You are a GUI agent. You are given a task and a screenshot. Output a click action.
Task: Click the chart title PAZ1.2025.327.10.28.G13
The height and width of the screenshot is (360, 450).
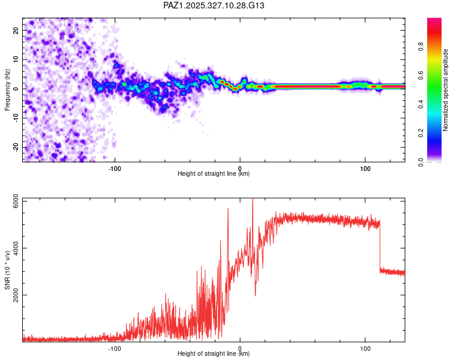pos(214,5)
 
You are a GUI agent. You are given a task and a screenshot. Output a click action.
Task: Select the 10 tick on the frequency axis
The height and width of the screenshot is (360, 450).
pos(16,59)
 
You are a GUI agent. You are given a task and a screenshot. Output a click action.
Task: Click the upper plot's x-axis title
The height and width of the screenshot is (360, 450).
pos(214,173)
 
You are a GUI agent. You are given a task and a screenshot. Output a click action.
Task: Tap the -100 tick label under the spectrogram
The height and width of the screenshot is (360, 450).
pos(115,168)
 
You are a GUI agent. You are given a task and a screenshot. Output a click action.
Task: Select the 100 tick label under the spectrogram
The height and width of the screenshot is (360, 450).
pos(365,168)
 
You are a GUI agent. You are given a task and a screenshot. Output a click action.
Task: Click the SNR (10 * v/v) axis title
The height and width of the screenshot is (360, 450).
pos(7,270)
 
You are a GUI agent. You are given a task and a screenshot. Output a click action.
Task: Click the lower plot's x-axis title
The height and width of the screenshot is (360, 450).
pos(214,353)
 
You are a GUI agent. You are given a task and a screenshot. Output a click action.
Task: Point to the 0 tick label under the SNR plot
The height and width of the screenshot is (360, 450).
pos(240,348)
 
